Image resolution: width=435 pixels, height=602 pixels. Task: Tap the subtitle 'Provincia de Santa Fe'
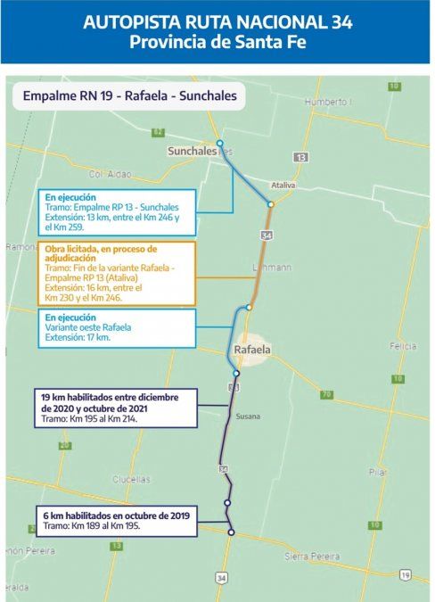[217, 43]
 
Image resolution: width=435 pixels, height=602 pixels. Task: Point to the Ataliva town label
[283, 186]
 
